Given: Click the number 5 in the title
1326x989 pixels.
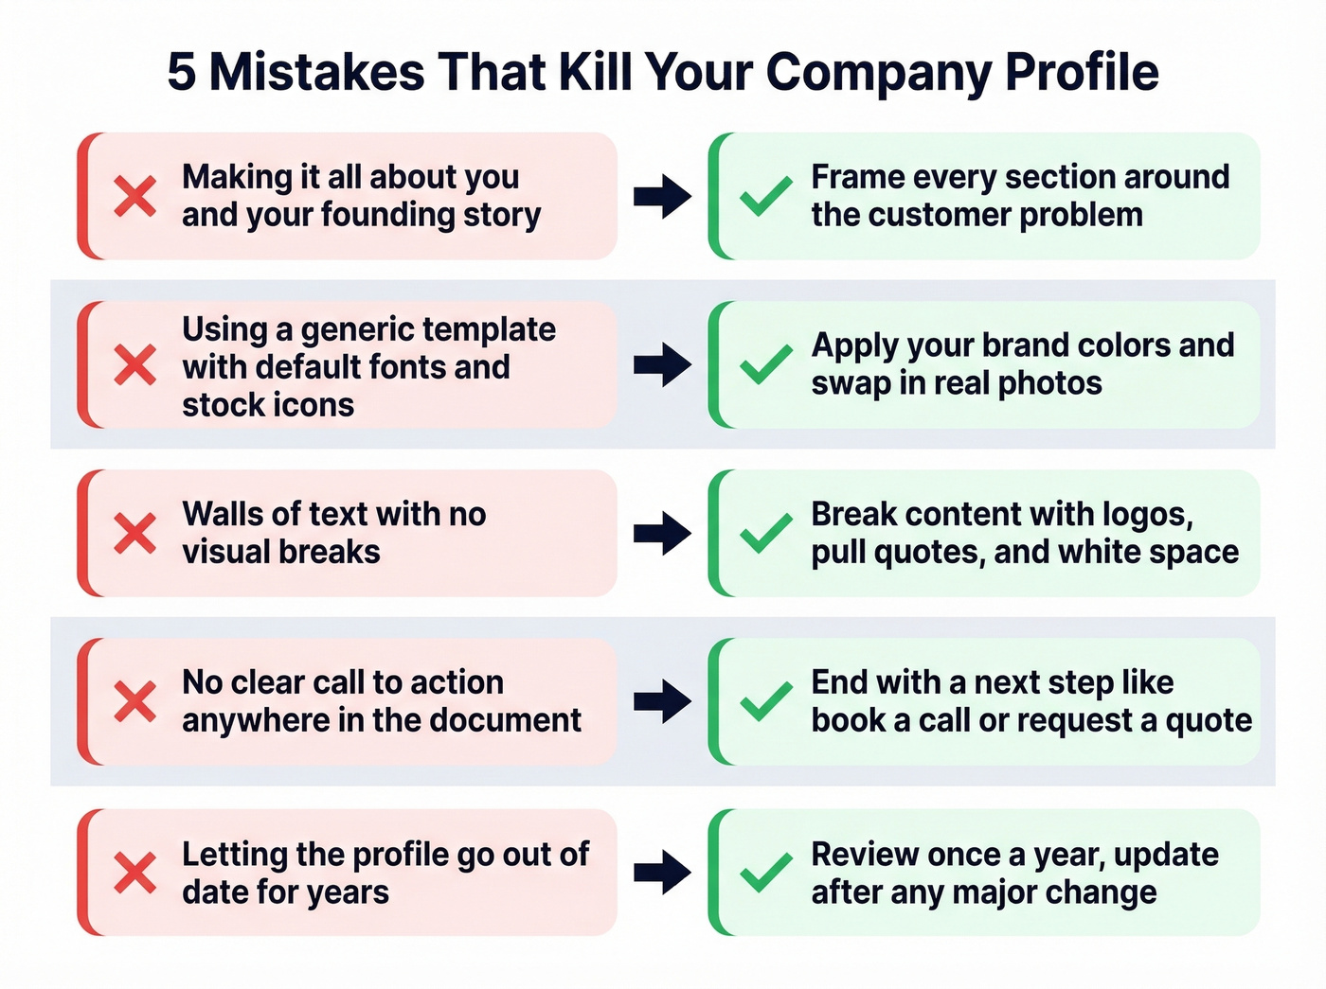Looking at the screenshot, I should pyautogui.click(x=182, y=72).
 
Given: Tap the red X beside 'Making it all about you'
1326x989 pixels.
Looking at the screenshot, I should pyautogui.click(x=135, y=196).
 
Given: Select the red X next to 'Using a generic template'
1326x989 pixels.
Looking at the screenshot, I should pyautogui.click(x=135, y=364).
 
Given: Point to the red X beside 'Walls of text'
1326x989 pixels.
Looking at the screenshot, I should pyautogui.click(x=135, y=533).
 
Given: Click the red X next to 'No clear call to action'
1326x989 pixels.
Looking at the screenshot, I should pyautogui.click(x=135, y=701).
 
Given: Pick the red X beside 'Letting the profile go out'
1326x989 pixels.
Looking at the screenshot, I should pyautogui.click(x=135, y=872).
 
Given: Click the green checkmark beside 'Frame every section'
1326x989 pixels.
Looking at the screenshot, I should pyautogui.click(x=765, y=196).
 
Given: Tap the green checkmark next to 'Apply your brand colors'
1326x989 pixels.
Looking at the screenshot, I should pyautogui.click(x=765, y=364).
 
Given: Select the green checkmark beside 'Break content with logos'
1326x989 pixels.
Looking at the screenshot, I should pyautogui.click(x=765, y=533).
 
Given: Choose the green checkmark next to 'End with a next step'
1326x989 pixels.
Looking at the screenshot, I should pyautogui.click(x=765, y=701).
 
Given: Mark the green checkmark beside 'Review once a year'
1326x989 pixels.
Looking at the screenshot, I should pyautogui.click(x=765, y=872).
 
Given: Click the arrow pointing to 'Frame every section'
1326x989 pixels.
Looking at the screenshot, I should pyautogui.click(x=662, y=196).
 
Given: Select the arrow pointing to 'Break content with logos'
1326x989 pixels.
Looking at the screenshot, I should pyautogui.click(x=662, y=533).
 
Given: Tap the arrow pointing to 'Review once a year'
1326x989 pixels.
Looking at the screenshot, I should pyautogui.click(x=662, y=872).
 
